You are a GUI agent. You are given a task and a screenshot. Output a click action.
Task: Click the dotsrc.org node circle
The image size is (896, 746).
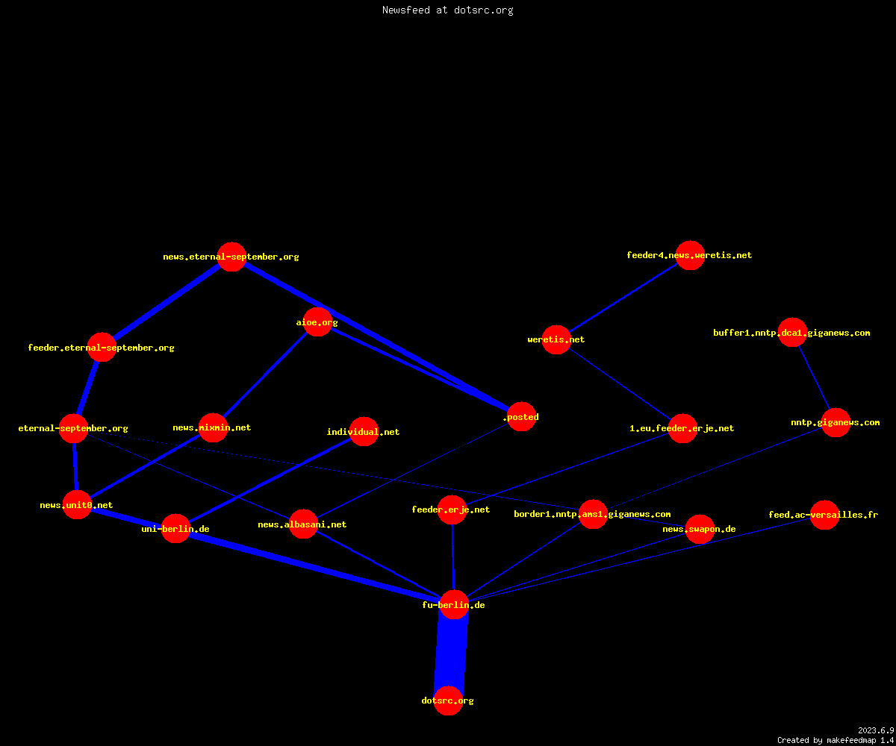pos(448,700)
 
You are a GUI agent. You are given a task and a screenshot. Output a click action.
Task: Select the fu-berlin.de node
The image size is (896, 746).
pos(454,604)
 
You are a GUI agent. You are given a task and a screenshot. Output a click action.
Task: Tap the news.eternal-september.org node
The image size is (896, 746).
pos(231,257)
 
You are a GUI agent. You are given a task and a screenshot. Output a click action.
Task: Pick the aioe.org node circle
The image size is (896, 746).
pos(317,322)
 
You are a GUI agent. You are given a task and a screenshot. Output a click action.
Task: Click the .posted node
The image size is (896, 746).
pos(522,417)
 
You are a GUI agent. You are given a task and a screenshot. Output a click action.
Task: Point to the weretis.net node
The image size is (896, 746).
pos(556,339)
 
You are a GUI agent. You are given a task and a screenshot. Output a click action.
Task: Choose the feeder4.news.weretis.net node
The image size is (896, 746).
pos(690,256)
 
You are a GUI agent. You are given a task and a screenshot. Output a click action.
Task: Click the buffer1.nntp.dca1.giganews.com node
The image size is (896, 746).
pos(792,332)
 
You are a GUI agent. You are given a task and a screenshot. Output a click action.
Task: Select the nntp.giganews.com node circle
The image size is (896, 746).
pos(836,423)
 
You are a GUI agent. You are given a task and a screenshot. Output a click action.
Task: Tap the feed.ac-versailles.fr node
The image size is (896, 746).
pos(824,515)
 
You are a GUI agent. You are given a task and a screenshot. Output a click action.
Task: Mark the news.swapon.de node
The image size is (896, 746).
pos(700,529)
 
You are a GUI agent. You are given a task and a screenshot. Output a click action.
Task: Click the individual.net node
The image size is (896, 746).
pos(364,431)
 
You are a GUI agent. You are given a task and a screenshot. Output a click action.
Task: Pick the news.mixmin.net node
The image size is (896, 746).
pos(213,427)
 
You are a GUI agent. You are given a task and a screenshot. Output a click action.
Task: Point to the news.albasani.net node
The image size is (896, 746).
pos(303,524)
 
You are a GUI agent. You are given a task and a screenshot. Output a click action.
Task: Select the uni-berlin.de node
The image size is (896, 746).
pos(175,529)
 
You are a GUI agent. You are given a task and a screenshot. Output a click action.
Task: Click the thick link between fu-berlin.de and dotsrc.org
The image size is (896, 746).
pos(451,653)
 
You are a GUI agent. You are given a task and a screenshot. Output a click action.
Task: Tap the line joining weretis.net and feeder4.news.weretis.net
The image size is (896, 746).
pos(623,298)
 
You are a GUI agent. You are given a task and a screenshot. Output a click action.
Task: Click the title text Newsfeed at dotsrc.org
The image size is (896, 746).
pos(447,10)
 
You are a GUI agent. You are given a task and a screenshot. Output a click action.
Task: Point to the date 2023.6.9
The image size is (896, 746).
pos(876,730)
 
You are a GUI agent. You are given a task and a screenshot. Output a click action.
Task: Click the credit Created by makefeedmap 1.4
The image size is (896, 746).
pos(836,741)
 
